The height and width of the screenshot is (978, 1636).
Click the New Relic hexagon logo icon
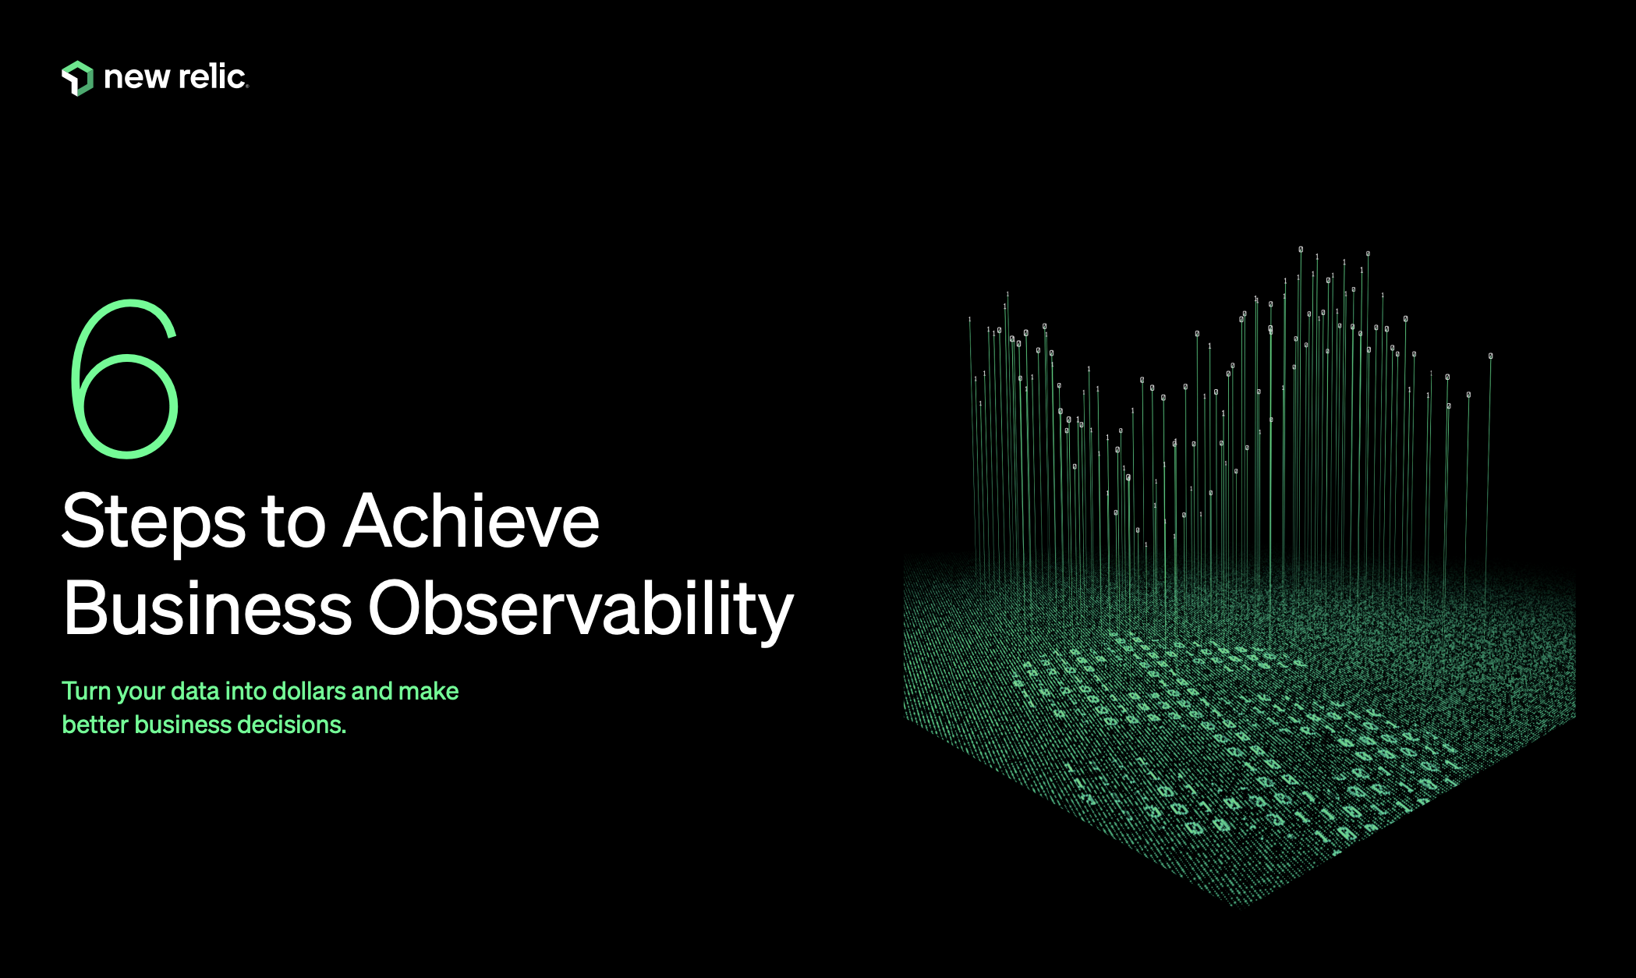coord(77,78)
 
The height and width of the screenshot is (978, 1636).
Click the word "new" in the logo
coord(136,77)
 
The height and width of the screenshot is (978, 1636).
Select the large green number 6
coord(125,379)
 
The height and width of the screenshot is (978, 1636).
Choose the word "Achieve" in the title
coord(471,521)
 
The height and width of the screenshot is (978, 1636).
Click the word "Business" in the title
coord(207,608)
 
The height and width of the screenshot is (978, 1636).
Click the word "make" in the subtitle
coord(428,691)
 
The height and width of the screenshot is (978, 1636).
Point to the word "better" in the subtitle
coord(94,725)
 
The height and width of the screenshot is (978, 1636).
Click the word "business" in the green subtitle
coord(182,725)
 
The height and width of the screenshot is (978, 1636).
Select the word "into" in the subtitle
coord(246,691)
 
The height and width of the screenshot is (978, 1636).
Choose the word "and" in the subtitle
coord(372,691)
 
